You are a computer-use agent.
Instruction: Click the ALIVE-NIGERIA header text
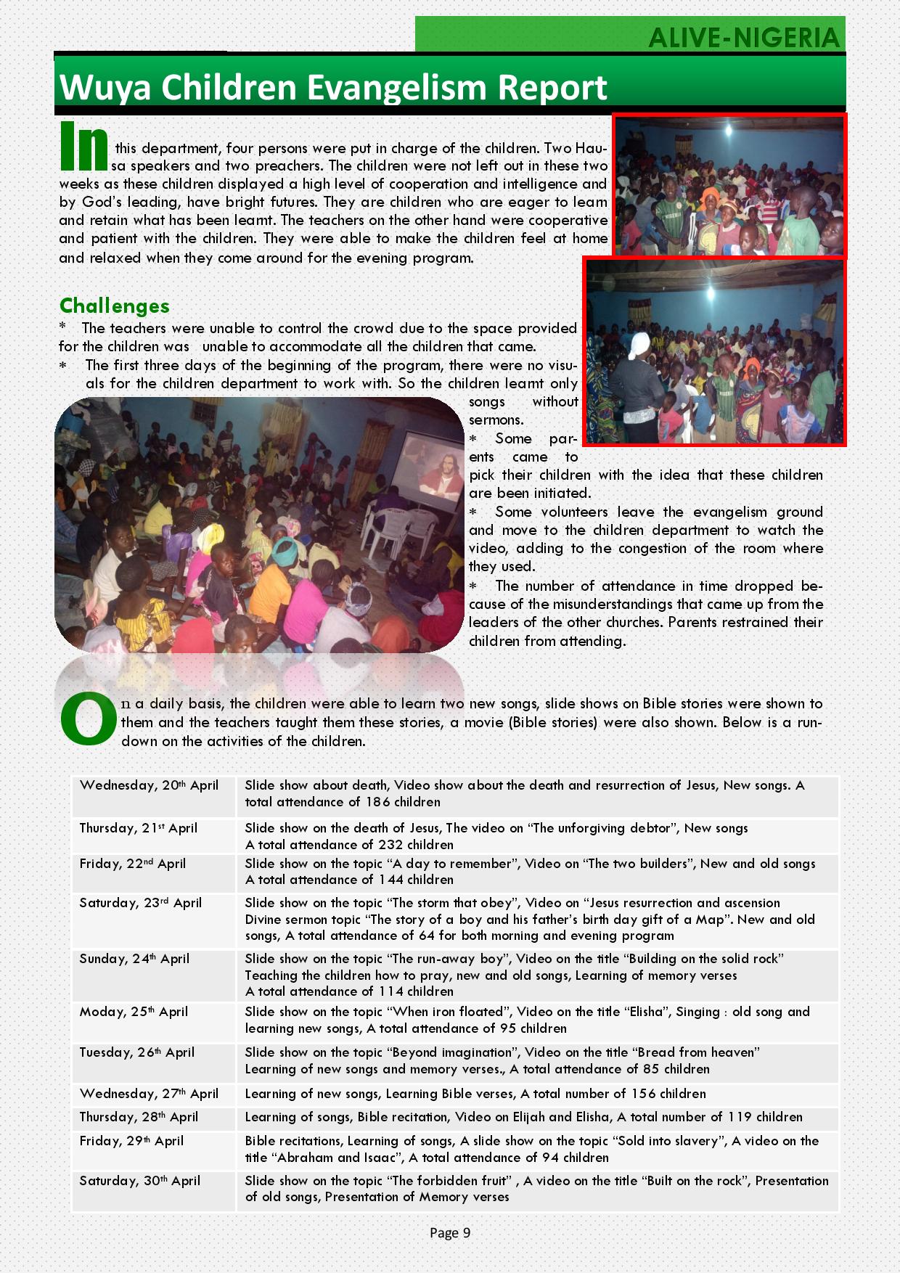(x=744, y=37)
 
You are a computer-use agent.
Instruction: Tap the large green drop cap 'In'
(x=83, y=145)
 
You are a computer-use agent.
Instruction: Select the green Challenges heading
(x=115, y=306)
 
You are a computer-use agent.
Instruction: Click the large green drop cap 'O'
(x=87, y=719)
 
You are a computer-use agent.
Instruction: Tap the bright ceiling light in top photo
(x=728, y=131)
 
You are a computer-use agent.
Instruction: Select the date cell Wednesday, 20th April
(x=149, y=785)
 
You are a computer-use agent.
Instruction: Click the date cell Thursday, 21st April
(x=139, y=828)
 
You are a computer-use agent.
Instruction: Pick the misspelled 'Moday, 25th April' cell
(x=134, y=1012)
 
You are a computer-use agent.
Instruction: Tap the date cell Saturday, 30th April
(x=140, y=1181)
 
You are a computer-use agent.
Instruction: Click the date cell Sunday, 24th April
(x=134, y=959)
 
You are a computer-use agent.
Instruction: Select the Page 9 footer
(x=450, y=1232)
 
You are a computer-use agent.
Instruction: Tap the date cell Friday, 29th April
(x=131, y=1141)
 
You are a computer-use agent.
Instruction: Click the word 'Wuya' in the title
(x=106, y=88)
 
